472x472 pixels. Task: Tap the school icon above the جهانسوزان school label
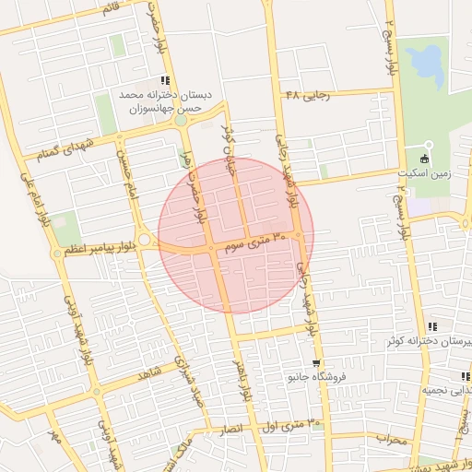point(165,80)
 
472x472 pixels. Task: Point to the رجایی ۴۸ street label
point(307,95)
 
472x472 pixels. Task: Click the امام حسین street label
point(123,173)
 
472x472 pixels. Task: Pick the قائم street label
point(110,8)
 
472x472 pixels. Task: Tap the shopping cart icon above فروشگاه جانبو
point(315,362)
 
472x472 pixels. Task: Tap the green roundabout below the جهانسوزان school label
point(181,121)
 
